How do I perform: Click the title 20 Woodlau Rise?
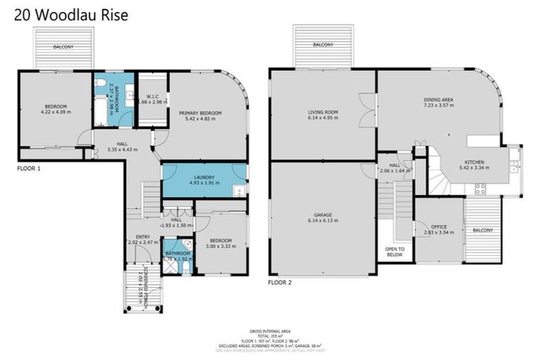(x=65, y=14)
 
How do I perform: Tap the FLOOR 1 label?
(x=32, y=169)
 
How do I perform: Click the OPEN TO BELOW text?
(x=394, y=252)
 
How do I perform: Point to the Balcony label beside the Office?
(x=483, y=231)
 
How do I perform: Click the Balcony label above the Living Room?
(x=323, y=45)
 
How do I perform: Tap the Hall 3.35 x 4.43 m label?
(x=122, y=146)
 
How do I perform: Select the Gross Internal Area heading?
(x=270, y=330)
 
